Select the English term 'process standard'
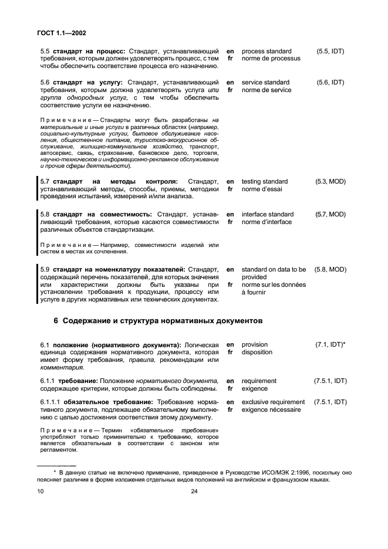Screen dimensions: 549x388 [266, 52]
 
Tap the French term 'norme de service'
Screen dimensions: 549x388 [266, 90]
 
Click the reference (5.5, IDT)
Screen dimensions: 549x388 [330, 52]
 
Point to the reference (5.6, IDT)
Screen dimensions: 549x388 [330, 83]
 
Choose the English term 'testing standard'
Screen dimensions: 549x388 [265, 182]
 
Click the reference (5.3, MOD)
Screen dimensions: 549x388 [330, 182]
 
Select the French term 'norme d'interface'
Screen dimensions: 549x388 [267, 222]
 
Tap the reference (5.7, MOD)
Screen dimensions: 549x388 [330, 215]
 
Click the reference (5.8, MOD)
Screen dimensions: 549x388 [330, 269]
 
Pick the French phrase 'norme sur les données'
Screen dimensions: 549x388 [274, 284]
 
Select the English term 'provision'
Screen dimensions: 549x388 [255, 345]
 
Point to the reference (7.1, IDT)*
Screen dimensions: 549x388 [331, 345]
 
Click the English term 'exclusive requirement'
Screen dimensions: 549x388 [273, 402]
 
